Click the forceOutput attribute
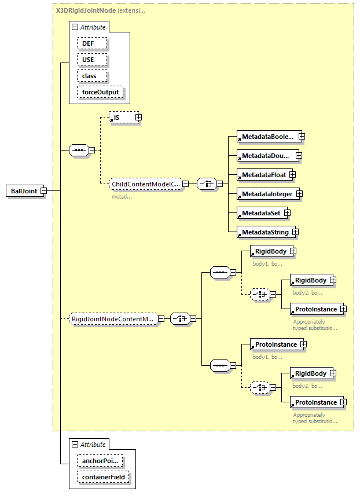pyautogui.click(x=100, y=92)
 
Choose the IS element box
pyautogui.click(x=122, y=118)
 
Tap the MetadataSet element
pyautogui.click(x=260, y=213)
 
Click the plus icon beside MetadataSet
pyautogui.click(x=287, y=213)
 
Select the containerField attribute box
pyautogui.click(x=103, y=477)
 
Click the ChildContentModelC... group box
pyautogui.click(x=146, y=184)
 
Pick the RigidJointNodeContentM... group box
pyautogui.click(x=113, y=318)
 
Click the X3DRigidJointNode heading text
pyautogui.click(x=85, y=10)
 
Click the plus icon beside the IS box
pyautogui.click(x=138, y=118)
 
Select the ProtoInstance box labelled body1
pyautogui.click(x=275, y=344)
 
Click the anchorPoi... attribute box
pyautogui.click(x=100, y=461)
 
